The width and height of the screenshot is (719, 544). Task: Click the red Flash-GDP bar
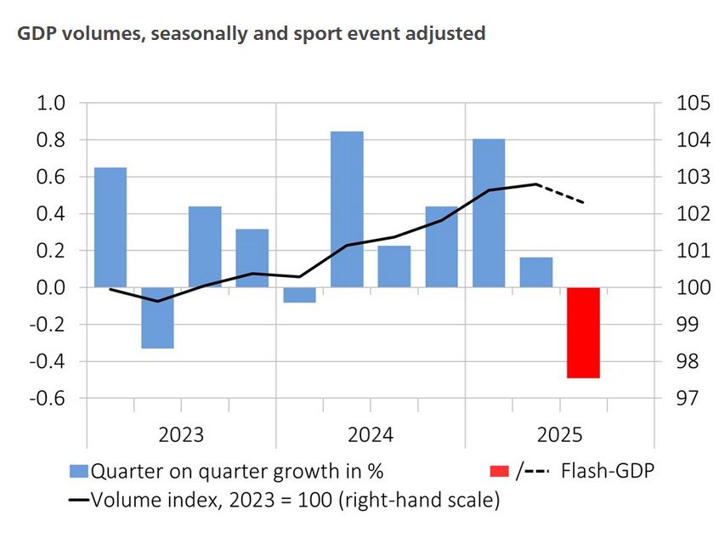coord(584,332)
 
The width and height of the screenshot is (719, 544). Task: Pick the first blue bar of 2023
coord(110,228)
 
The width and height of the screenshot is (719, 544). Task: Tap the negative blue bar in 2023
coord(157,318)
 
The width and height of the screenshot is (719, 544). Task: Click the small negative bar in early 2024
coord(299,295)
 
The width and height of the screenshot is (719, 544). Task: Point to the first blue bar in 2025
coord(489,212)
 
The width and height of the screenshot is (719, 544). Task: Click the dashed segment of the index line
coord(561,193)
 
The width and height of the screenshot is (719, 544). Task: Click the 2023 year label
coord(181,435)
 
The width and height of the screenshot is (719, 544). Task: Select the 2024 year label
coord(370,435)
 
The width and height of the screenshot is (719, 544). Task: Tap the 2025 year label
coord(559,435)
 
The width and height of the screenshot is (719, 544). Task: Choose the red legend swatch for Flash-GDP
coord(501,470)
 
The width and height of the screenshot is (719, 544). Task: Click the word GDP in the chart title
coord(31,35)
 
